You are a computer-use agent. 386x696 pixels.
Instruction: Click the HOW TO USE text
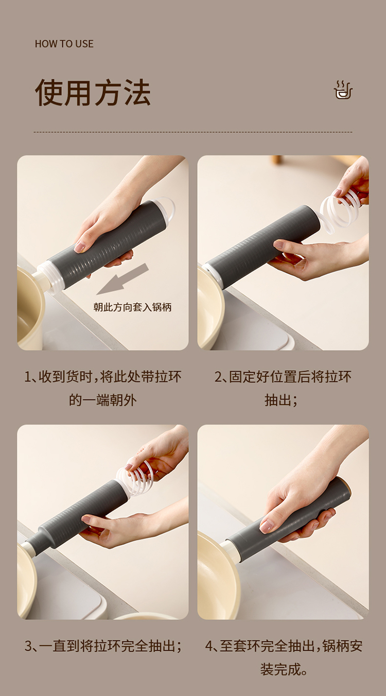64,44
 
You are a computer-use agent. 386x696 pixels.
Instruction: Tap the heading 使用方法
93,93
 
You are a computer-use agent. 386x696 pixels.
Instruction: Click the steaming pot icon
343,90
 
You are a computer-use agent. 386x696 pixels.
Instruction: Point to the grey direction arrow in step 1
122,279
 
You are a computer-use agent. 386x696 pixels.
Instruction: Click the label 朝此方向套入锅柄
133,307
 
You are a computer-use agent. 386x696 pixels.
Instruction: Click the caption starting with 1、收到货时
103,388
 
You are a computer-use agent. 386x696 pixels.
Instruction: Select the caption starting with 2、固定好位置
283,388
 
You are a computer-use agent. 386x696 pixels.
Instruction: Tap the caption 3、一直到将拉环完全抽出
103,646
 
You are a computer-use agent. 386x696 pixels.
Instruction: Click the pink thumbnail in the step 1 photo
80,247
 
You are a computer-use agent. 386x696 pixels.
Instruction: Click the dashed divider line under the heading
193,132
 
